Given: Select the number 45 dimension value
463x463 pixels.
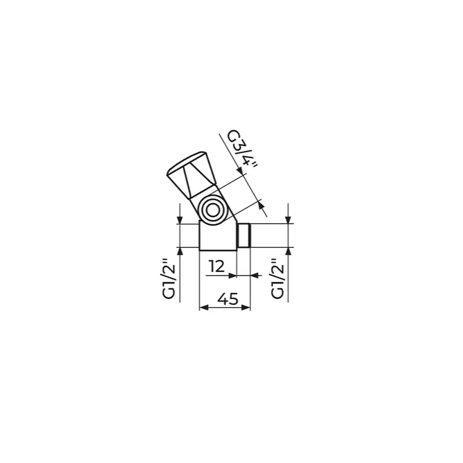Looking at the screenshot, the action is (227, 299).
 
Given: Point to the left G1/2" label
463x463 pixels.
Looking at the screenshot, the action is (169, 278).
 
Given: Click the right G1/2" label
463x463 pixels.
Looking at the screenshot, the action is (277, 278).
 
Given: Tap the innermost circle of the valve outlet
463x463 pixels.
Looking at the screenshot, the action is (212, 211).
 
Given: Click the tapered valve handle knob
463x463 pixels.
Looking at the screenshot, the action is (191, 175).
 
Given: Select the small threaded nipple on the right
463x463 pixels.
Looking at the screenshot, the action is (244, 236).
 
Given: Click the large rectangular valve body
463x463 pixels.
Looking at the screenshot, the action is (218, 236).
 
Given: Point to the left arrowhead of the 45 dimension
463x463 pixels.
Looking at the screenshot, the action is (204, 307).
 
